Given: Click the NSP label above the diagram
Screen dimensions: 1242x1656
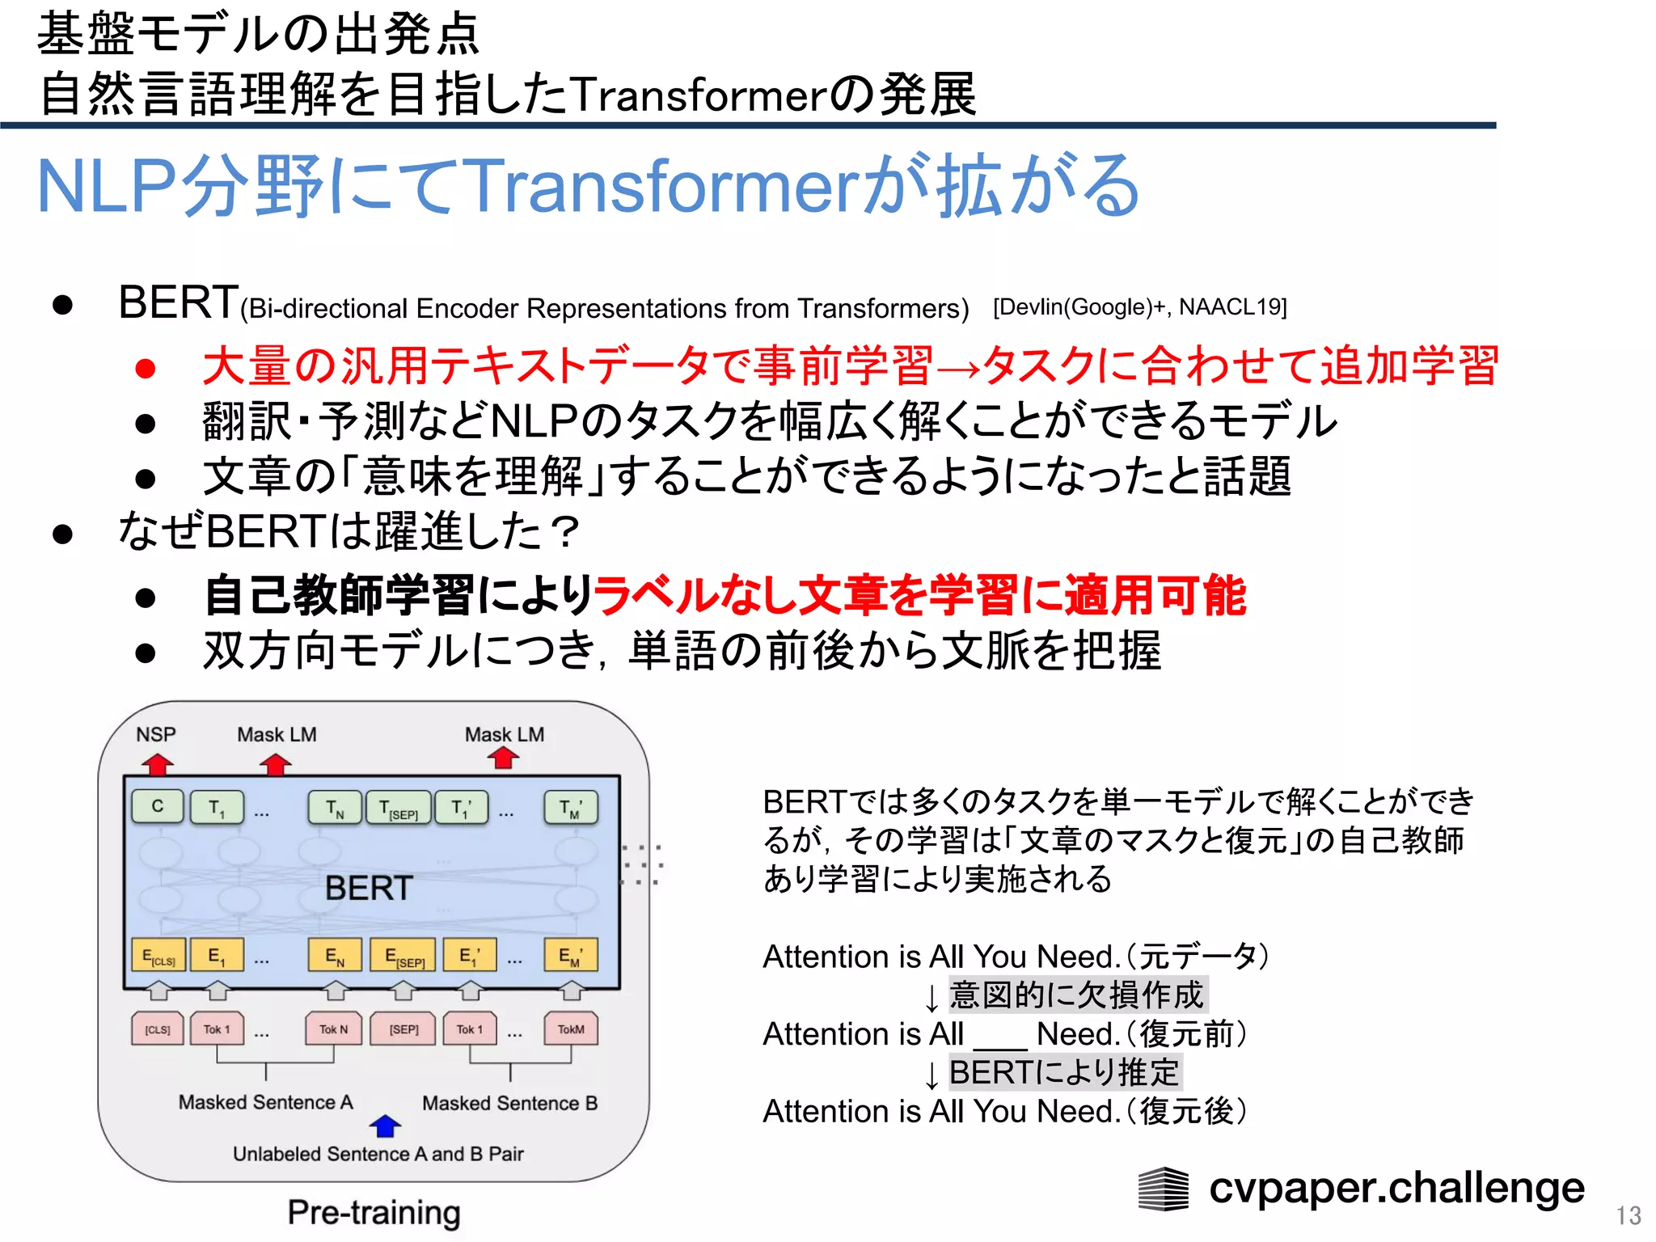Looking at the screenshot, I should click(x=155, y=734).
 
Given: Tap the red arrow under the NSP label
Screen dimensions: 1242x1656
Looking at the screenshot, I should click(x=158, y=764).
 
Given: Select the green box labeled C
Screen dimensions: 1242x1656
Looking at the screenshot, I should click(x=158, y=806).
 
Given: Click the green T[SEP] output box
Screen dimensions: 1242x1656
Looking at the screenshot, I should click(x=399, y=808).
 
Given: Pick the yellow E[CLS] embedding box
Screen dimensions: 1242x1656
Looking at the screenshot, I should click(x=158, y=956).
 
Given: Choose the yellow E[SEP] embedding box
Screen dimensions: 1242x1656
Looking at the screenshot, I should click(x=403, y=956).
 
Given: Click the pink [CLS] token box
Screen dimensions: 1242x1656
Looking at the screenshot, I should click(x=158, y=1029).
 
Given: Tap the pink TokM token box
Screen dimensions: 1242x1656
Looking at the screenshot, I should click(x=571, y=1029).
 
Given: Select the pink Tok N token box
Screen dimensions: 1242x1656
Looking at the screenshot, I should click(x=333, y=1029).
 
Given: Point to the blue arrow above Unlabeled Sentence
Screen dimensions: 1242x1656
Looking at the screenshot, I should click(x=385, y=1125).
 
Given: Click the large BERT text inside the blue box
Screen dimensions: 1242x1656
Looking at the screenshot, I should click(x=369, y=888).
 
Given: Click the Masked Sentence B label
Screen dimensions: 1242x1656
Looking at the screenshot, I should click(x=509, y=1103).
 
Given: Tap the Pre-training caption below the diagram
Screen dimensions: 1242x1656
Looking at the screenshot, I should click(x=374, y=1212).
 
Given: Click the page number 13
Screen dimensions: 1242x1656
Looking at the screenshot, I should click(x=1629, y=1215).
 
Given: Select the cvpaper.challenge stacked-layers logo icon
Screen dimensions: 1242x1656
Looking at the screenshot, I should click(x=1163, y=1189).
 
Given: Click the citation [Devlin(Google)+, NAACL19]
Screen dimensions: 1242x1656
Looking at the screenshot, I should click(x=1139, y=307).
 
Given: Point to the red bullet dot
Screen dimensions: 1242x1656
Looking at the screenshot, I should click(x=146, y=368).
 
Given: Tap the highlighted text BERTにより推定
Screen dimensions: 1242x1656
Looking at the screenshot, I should click(x=1064, y=1072).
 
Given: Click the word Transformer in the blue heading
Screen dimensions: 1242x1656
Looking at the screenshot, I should click(x=660, y=186).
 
